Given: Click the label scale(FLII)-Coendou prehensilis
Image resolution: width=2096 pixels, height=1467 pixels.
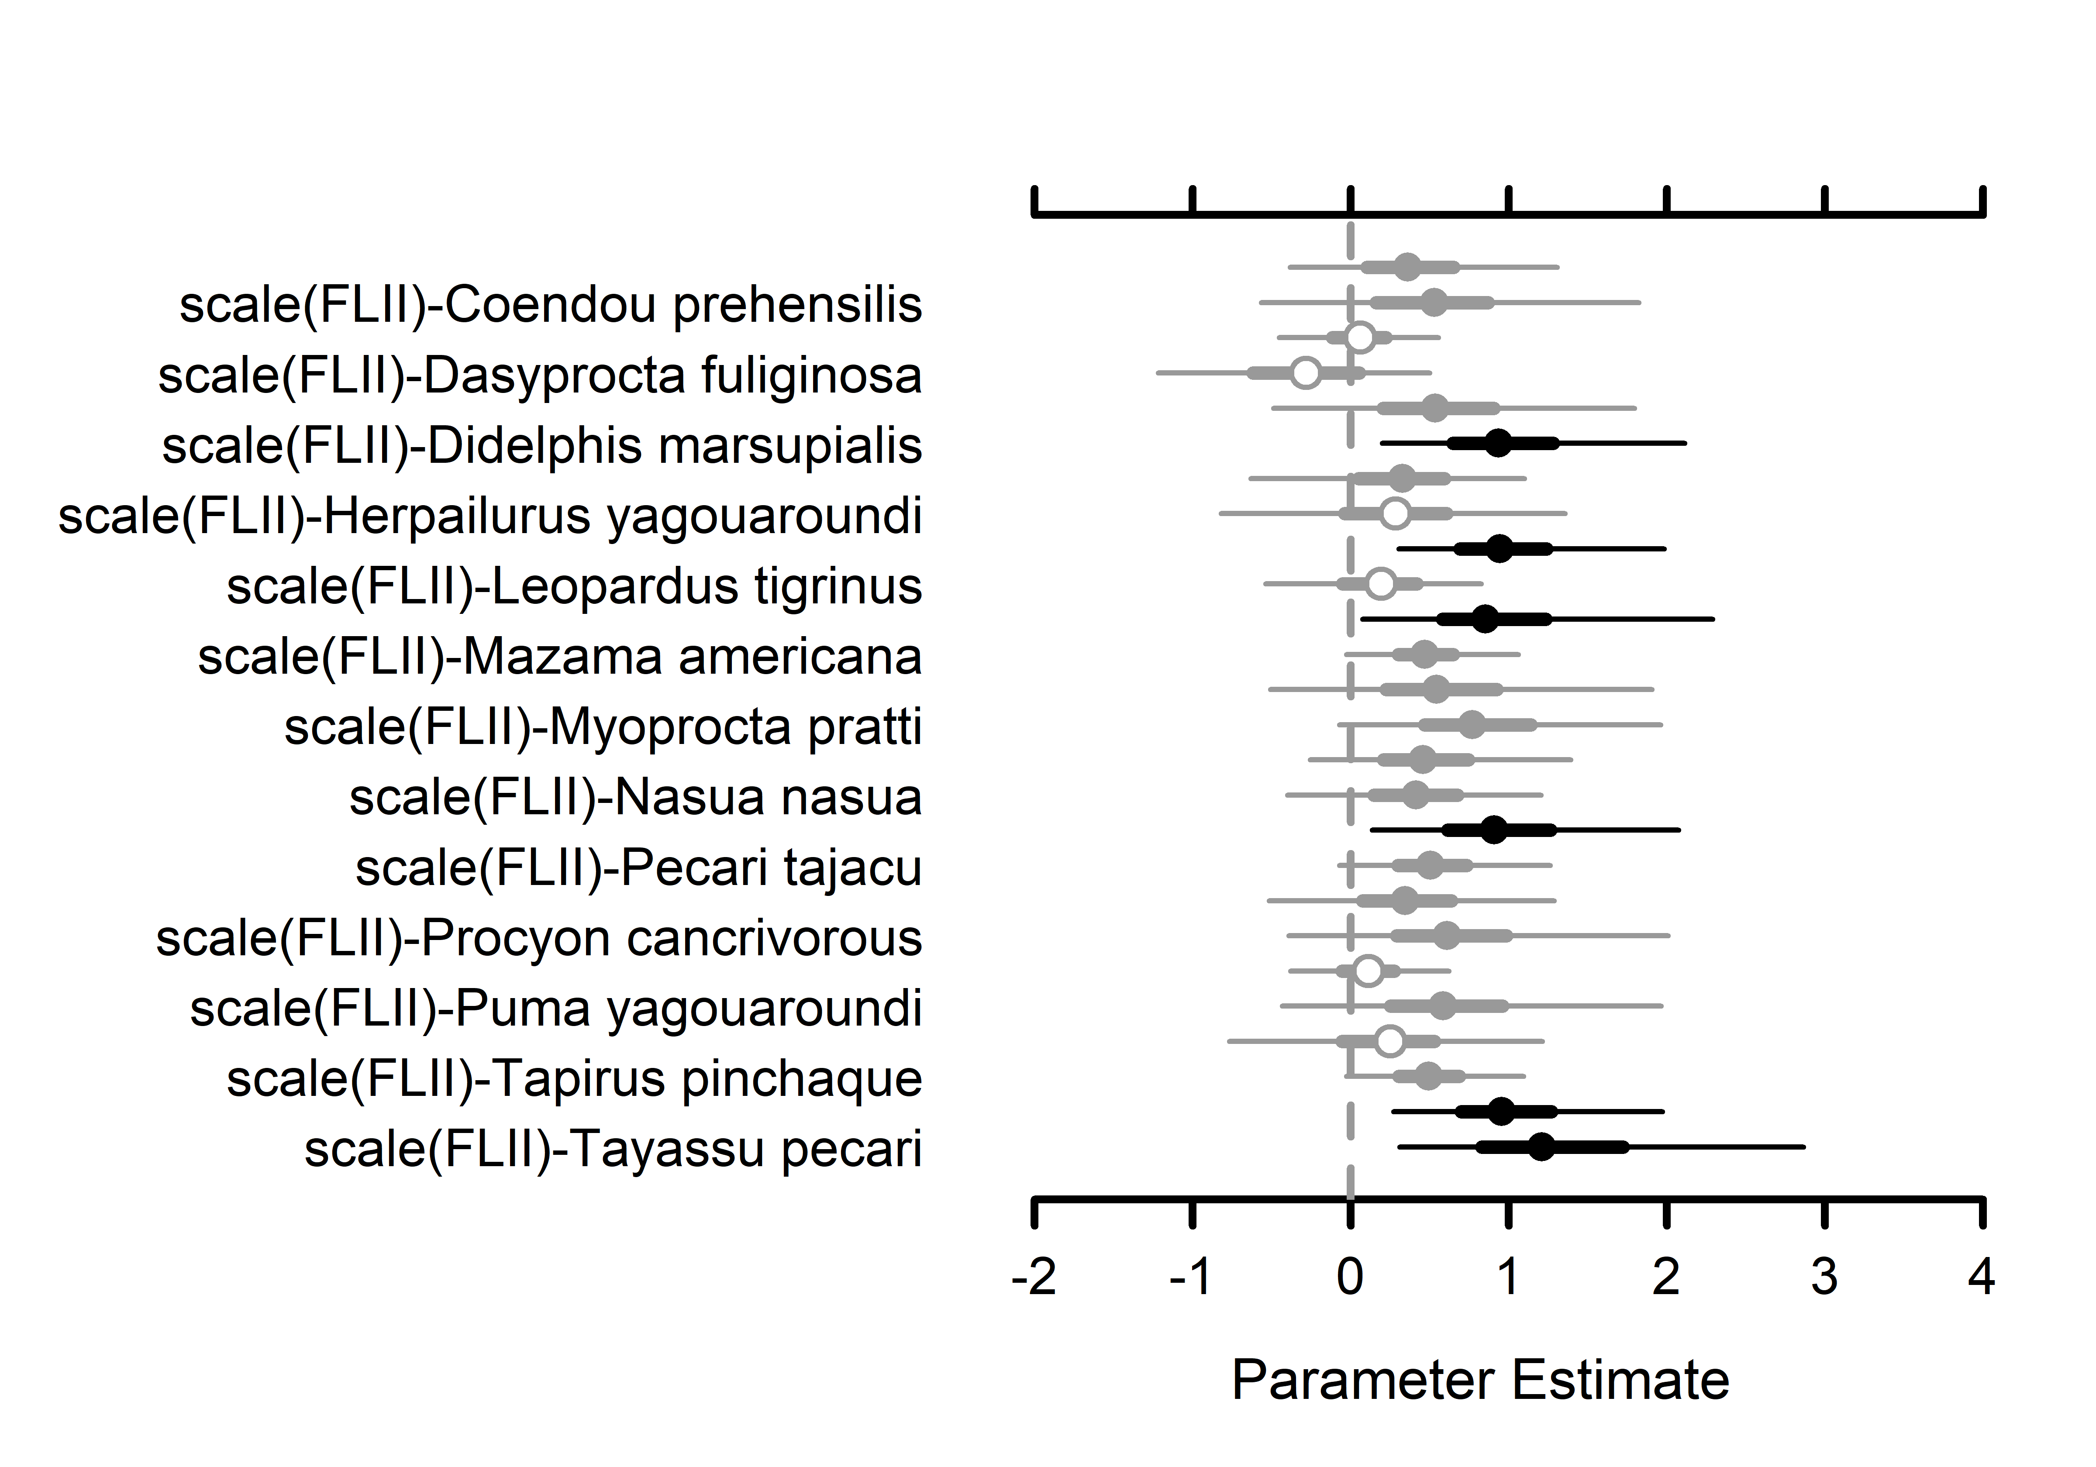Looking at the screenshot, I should click(551, 305).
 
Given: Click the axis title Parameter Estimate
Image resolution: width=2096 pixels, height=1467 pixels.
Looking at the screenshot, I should click(1480, 1379).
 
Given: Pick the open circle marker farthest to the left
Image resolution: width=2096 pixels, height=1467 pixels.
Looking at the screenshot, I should click(1307, 372).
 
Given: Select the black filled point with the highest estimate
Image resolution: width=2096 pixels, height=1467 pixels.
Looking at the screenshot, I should click(1541, 1147).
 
